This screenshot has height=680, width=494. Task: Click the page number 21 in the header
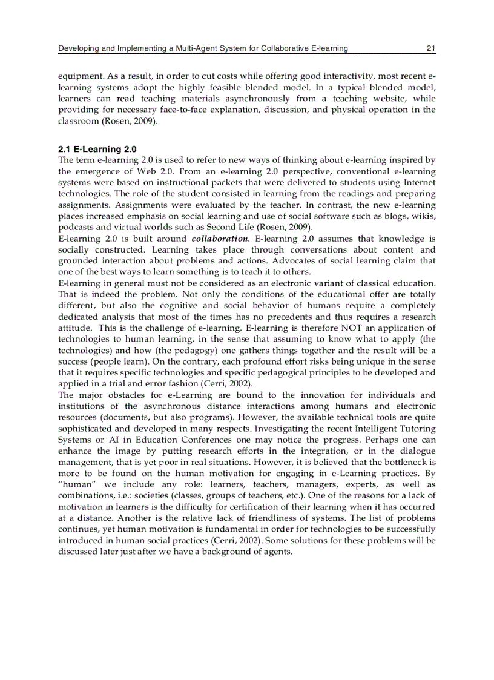(x=430, y=48)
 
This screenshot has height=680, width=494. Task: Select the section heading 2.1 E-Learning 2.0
(x=97, y=149)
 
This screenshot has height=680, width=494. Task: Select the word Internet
(x=419, y=182)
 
